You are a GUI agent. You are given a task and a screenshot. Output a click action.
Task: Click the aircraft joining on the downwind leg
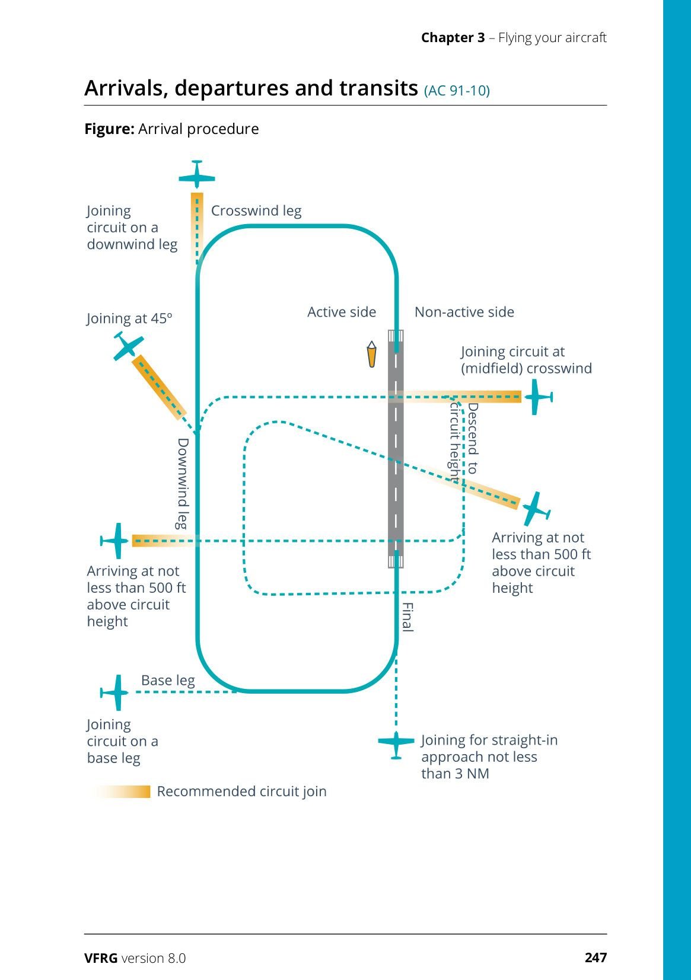coord(197,175)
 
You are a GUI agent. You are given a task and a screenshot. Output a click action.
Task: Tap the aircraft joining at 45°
coord(128,347)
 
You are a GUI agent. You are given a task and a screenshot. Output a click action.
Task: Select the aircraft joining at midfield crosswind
coord(537,397)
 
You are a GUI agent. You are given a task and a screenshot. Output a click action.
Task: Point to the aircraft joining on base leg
coord(116,692)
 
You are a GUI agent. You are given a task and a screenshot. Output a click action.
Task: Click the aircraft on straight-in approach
coord(396,743)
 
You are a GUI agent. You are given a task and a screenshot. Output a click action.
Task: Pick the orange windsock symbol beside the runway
coord(371,354)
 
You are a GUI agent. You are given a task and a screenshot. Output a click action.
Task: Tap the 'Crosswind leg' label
coord(256,211)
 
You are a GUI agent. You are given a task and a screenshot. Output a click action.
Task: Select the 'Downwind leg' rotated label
coord(183,483)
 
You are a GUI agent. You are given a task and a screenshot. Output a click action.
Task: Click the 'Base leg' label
coord(168,681)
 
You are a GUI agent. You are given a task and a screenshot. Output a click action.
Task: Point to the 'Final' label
coord(407,617)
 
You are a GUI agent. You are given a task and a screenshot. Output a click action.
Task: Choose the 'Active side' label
coord(342,312)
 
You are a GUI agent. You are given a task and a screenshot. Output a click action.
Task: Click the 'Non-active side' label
coord(464,312)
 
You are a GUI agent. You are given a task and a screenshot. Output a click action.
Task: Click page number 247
coord(596,957)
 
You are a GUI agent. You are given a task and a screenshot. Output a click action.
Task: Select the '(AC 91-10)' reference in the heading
coord(457,91)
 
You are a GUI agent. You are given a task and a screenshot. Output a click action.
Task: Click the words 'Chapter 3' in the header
coord(453,38)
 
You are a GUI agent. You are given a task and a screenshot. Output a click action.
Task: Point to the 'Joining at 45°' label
coord(129,319)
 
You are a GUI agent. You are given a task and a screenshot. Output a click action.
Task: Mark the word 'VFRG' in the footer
coord(101,958)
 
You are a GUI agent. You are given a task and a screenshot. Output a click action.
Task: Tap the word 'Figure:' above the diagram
coord(109,129)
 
